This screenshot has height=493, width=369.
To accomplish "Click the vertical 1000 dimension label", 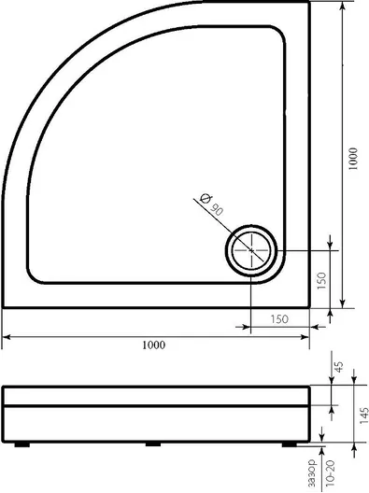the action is coord(353,159).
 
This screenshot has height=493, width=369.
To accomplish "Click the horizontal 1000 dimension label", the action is coord(153,345).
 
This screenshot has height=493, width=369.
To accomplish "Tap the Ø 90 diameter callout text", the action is coord(211,204).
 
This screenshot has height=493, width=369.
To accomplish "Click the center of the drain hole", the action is coord(251,250).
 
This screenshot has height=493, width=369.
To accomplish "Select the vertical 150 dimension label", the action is coord(321,281).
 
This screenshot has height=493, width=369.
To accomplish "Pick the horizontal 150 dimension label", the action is coord(279,319).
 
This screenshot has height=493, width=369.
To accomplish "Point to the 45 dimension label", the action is coord(339,367).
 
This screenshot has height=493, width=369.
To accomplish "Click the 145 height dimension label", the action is coord(363,415).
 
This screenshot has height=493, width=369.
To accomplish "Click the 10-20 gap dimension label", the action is coord(331,472).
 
